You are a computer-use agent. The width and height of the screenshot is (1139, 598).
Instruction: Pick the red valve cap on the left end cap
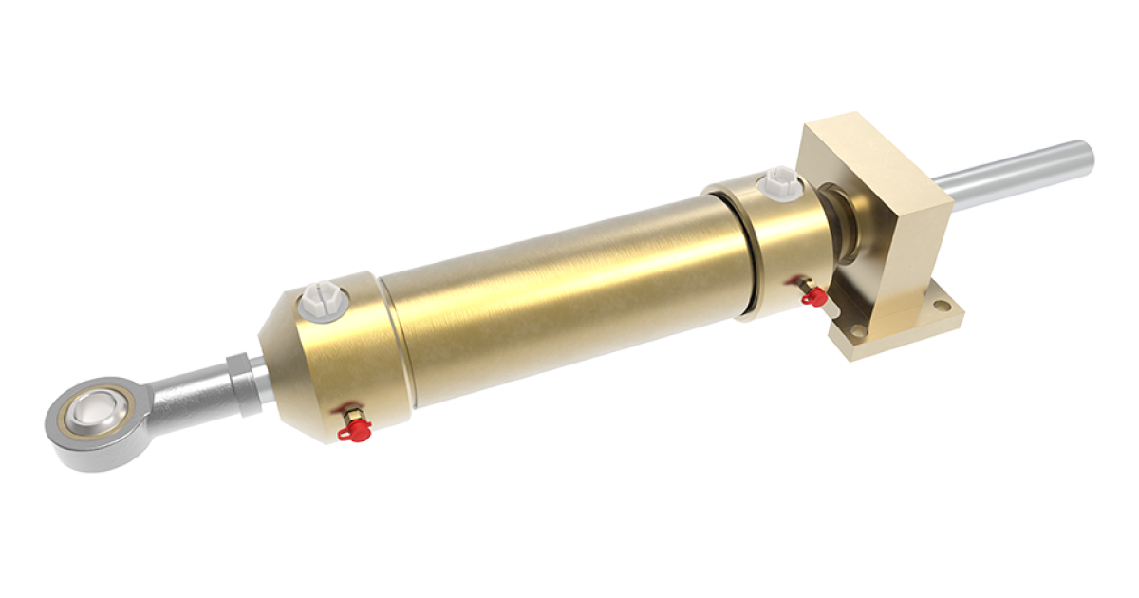point(353,433)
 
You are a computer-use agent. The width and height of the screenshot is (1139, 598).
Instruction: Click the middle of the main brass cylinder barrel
point(560,275)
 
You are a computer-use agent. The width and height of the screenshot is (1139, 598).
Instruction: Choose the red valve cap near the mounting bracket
point(811,296)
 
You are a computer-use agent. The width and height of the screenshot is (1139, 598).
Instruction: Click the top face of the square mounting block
point(873,142)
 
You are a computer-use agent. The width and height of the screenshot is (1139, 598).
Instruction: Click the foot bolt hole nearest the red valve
point(858,331)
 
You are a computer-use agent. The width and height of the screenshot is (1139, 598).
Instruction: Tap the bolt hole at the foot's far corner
point(941,307)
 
